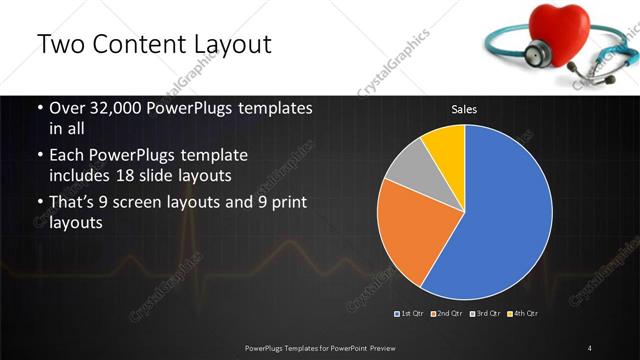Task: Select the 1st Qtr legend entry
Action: click(x=412, y=314)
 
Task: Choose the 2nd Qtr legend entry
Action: click(x=449, y=314)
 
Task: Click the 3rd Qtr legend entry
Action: click(x=487, y=314)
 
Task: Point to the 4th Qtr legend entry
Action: click(x=524, y=314)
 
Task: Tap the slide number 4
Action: click(x=589, y=347)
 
